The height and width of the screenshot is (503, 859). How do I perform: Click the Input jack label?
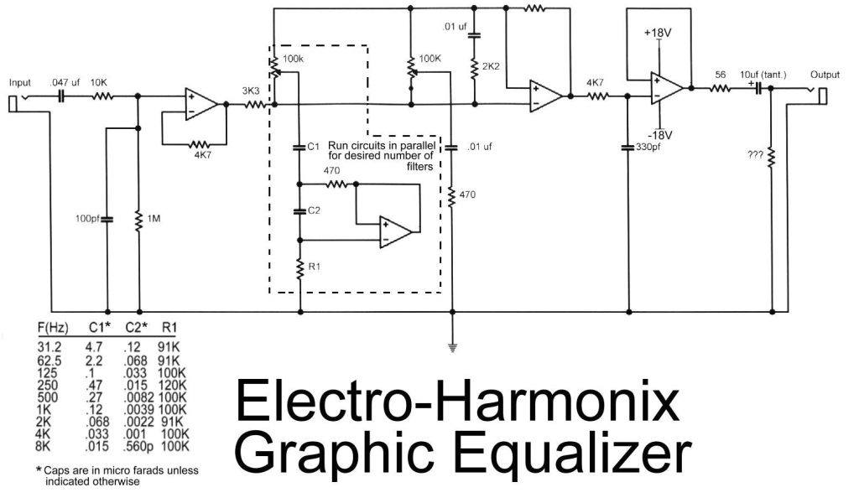point(19,83)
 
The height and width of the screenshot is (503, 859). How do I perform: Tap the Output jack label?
point(825,75)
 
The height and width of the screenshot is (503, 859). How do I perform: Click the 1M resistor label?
point(155,220)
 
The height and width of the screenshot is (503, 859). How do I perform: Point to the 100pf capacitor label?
point(87,220)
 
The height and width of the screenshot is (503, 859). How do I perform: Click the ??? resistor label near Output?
point(754,154)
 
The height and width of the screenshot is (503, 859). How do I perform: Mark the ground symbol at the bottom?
point(452,345)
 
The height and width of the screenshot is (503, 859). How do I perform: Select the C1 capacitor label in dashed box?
point(314,147)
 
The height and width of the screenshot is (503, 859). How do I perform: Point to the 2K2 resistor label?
point(490,65)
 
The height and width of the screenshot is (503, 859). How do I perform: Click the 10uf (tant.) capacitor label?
point(763,75)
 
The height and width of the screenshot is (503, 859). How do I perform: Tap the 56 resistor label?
point(720,75)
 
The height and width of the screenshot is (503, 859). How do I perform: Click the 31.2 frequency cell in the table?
point(49,344)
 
